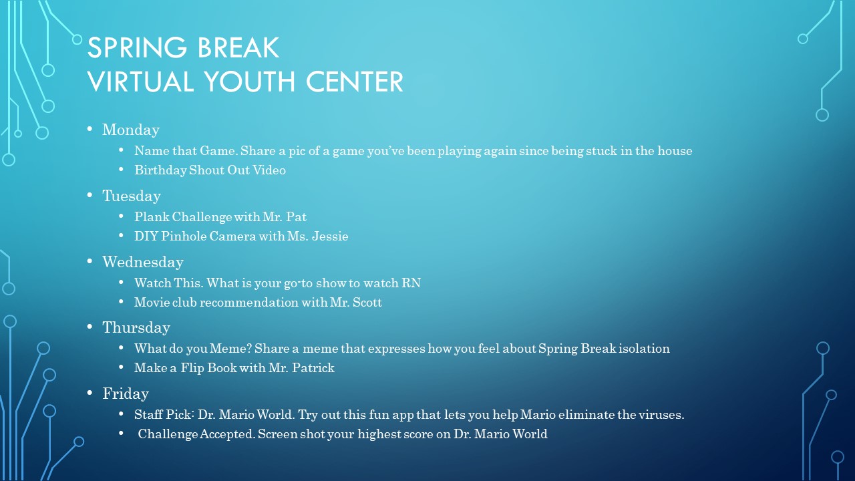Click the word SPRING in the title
click(138, 47)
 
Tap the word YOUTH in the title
click(250, 82)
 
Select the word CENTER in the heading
click(355, 82)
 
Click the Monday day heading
click(130, 130)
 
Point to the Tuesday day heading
click(132, 196)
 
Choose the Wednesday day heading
click(143, 262)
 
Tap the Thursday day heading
click(136, 328)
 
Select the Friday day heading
click(126, 393)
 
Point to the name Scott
click(367, 303)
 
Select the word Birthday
click(160, 170)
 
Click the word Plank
click(152, 217)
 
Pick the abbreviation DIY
click(146, 236)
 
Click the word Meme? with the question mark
click(230, 349)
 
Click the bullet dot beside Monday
click(90, 130)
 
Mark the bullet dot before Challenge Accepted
click(121, 434)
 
